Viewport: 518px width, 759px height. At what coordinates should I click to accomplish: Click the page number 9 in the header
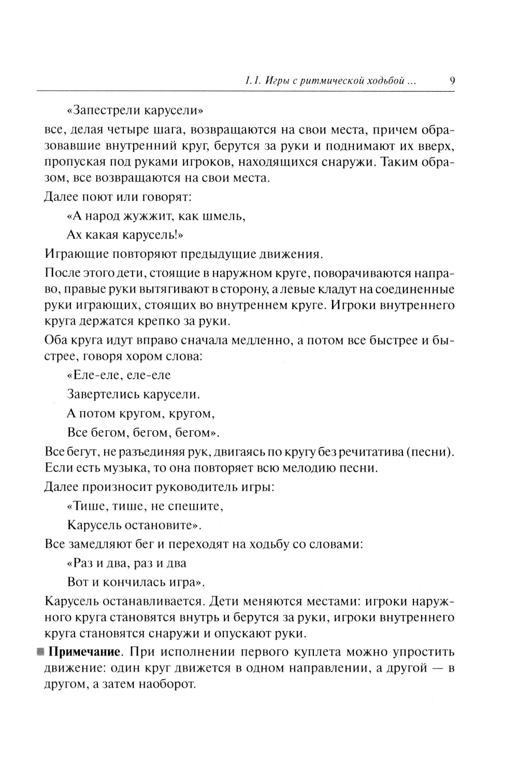tap(452, 81)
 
